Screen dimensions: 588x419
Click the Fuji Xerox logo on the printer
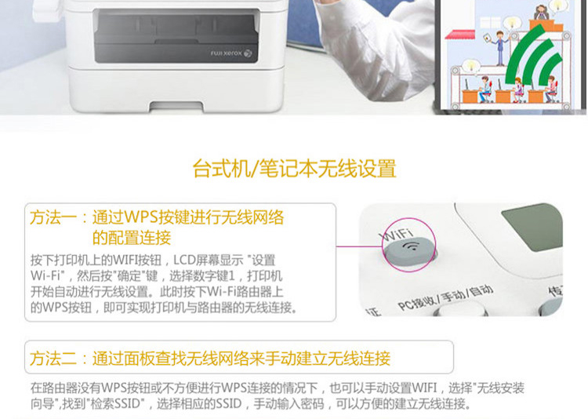pos(231,53)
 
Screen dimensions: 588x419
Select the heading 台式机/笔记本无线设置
pos(294,168)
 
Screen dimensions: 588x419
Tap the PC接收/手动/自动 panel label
pos(445,297)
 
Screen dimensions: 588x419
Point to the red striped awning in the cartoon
pos(460,35)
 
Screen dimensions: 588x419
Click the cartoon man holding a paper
pos(499,48)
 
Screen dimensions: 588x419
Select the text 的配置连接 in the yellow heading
pos(132,237)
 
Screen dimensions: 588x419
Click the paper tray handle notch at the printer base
pos(176,107)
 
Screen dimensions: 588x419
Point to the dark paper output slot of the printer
pos(176,35)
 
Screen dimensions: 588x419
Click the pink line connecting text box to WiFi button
pos(359,246)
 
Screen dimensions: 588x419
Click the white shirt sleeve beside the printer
pos(375,49)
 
